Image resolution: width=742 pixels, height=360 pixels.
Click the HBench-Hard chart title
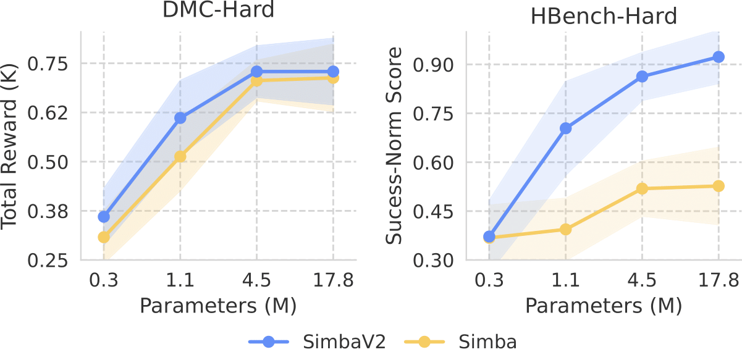[604, 15]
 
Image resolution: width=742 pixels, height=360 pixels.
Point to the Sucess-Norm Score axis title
[395, 147]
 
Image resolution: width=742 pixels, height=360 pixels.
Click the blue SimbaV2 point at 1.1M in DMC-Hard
[180, 118]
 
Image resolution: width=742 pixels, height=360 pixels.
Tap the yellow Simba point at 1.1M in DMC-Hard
[180, 156]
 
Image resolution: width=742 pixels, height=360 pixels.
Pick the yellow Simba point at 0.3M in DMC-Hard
[104, 237]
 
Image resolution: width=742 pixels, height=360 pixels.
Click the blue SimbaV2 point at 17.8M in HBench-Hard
[718, 57]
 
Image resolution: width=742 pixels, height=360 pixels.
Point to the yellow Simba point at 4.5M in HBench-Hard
[642, 188]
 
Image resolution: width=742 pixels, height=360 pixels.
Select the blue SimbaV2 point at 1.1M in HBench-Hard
[565, 128]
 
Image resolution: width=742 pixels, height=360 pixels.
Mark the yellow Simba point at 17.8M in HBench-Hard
[718, 186]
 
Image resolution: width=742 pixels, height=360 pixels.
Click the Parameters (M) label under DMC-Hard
[218, 304]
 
